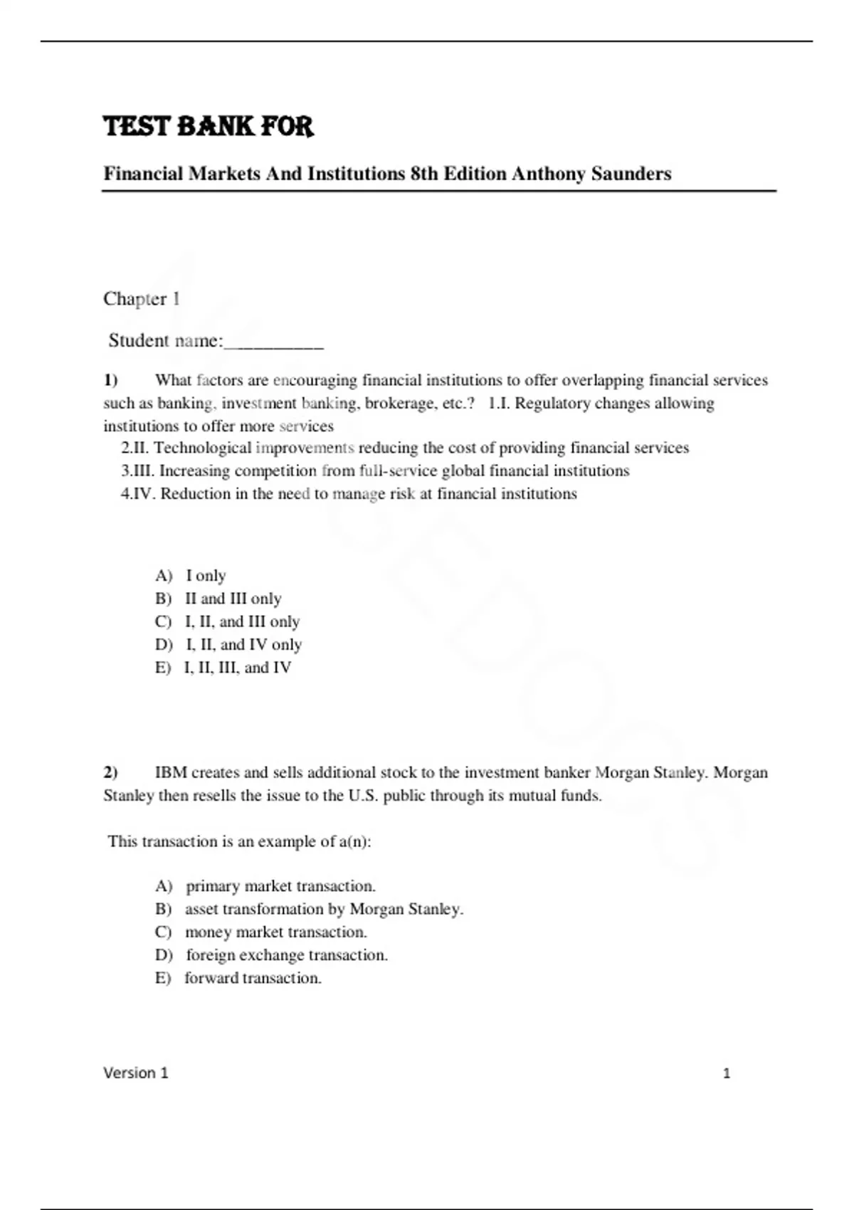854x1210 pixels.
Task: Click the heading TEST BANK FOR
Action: [x=208, y=127]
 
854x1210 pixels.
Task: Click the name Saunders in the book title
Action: [x=631, y=174]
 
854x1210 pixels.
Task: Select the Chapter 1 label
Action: [x=141, y=299]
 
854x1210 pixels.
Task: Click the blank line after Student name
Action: [x=274, y=342]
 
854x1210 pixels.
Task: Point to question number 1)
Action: [x=110, y=380]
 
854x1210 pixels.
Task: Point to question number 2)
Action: [x=110, y=772]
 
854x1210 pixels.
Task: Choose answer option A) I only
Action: [x=191, y=575]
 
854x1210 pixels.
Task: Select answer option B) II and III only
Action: [x=218, y=599]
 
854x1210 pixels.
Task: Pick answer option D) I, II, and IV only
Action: [x=228, y=644]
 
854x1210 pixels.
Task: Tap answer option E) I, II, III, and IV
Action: [x=223, y=668]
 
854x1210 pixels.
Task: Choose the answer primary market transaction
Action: [x=265, y=886]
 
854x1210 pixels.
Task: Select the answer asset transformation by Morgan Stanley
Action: [x=309, y=909]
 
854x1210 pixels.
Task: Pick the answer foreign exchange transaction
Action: [x=271, y=955]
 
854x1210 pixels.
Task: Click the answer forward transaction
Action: [x=238, y=978]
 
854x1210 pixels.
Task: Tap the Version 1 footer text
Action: [x=136, y=1073]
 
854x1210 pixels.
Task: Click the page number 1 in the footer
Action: [x=727, y=1073]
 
